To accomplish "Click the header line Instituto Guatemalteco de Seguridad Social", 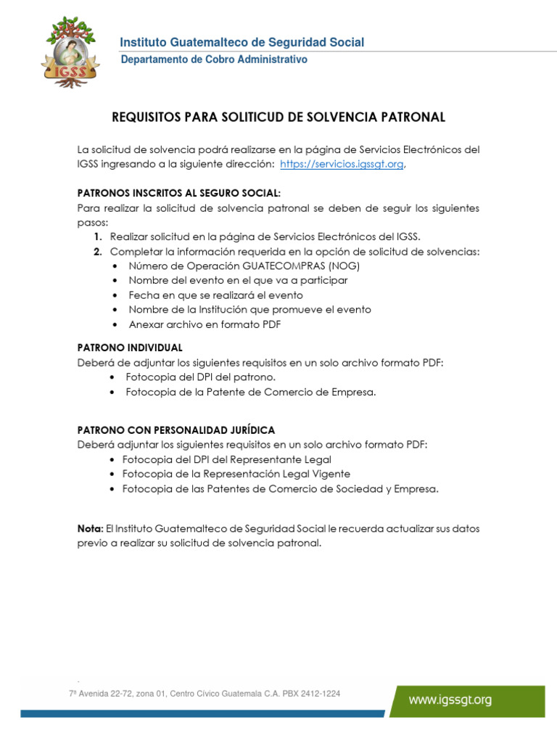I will tap(242, 43).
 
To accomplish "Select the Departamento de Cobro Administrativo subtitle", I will tap(213, 59).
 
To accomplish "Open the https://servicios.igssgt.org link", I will tap(342, 164).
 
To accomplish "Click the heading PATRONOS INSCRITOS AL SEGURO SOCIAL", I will tap(178, 193).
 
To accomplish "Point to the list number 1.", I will tap(96, 237).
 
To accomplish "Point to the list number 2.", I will tap(96, 252).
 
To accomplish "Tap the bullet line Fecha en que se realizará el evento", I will tap(215, 295).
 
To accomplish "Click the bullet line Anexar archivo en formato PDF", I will tap(205, 324).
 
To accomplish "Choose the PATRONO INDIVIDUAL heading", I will tap(130, 348).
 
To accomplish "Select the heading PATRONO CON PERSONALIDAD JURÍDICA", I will tap(176, 430).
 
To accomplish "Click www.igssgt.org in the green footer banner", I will tap(450, 700).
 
